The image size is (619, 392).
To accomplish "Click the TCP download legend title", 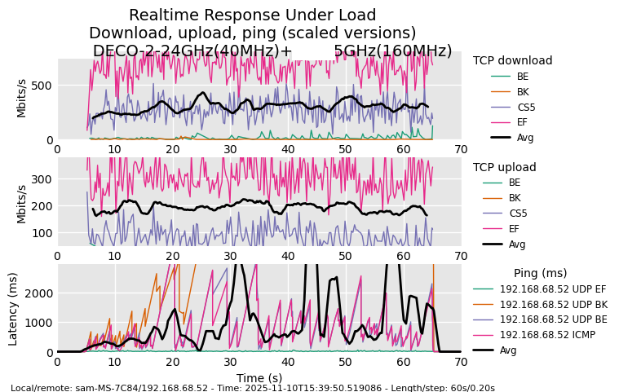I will click(512, 60).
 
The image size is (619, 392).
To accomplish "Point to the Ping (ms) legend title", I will click(540, 273).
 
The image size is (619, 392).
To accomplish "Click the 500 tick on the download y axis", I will click(42, 86).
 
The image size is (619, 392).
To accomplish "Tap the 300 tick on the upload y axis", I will click(42, 179).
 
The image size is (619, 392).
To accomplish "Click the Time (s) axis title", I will click(259, 378).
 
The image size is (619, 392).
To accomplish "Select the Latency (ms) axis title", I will click(13, 309).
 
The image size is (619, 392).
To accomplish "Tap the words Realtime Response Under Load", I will click(252, 15).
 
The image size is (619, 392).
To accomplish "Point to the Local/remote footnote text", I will click(253, 388).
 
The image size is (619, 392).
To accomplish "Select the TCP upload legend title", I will click(504, 167).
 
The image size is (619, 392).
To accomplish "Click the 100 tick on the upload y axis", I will click(42, 233).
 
